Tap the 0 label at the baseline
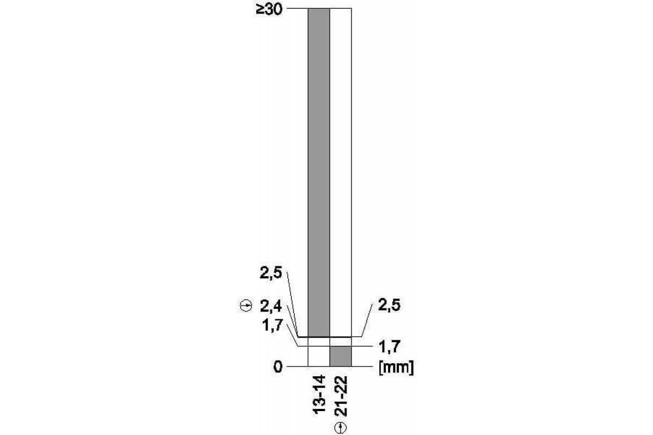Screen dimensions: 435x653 (278, 367)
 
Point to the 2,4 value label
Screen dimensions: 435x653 (270, 307)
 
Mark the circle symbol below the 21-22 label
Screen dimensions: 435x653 (341, 427)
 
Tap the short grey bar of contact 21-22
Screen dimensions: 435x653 (341, 356)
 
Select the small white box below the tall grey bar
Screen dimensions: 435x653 (319, 356)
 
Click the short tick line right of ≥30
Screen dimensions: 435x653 (297, 9)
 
